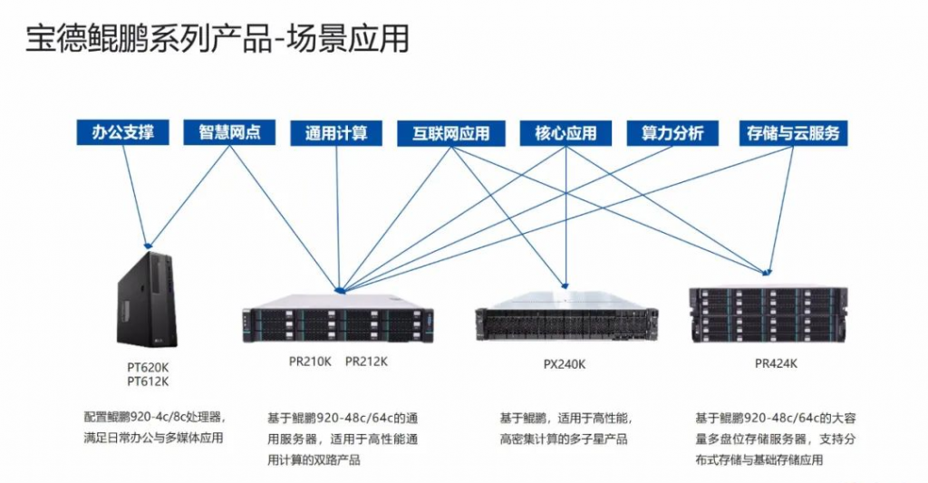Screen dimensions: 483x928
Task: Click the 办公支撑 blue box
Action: point(123,132)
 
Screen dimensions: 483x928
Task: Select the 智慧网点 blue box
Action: point(229,132)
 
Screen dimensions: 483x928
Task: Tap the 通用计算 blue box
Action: point(336,133)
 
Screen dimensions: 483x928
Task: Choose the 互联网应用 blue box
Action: point(450,133)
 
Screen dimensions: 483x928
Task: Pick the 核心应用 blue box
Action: point(565,133)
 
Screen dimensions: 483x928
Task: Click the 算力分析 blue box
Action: point(672,133)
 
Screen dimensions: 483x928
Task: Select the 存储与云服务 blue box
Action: point(793,133)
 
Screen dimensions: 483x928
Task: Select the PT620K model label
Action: point(148,367)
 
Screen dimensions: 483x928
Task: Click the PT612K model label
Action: point(148,382)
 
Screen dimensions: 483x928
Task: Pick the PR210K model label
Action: point(311,362)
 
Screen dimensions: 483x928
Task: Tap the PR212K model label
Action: point(366,362)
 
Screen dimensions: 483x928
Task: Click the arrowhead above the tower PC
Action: point(148,244)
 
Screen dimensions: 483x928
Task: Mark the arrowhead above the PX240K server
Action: point(565,285)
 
